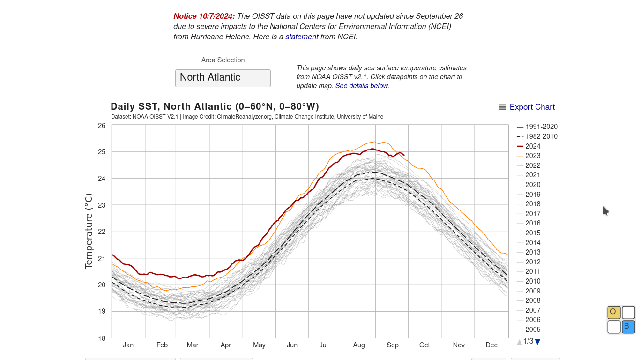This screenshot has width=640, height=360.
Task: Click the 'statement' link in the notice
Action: [302, 37]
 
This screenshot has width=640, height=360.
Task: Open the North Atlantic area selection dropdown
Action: [223, 78]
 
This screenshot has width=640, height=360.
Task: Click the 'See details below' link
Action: [362, 86]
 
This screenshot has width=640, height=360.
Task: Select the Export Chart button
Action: [527, 107]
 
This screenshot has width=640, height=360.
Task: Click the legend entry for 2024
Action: [533, 146]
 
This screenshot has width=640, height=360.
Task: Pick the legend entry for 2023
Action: [533, 156]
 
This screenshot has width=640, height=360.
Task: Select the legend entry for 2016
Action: [533, 223]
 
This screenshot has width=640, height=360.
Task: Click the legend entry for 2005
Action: [533, 330]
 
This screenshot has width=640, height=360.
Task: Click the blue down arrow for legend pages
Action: [537, 342]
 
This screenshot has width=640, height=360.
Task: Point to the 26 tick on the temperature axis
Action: [102, 126]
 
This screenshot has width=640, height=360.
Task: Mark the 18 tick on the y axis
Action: [102, 338]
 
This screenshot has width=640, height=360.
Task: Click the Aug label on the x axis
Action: [359, 345]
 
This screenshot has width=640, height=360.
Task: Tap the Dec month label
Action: [491, 345]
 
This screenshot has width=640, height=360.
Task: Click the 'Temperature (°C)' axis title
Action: [89, 232]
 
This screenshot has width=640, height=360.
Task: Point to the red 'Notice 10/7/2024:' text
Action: [204, 16]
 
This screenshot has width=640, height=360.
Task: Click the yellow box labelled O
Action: [614, 312]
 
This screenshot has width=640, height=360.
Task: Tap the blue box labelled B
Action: [628, 327]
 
